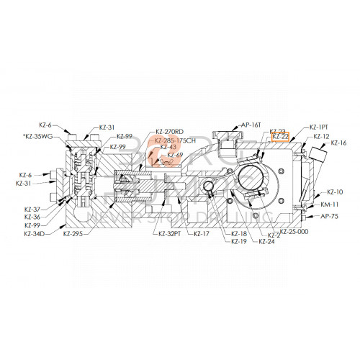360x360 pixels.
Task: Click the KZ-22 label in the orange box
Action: (x=280, y=136)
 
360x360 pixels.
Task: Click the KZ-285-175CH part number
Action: (x=175, y=140)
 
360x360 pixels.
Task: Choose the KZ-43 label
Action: (x=168, y=147)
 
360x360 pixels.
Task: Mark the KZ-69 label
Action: (x=175, y=155)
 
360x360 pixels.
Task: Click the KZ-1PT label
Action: (x=320, y=127)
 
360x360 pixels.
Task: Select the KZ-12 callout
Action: (x=322, y=136)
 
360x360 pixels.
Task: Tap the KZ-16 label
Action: (x=339, y=143)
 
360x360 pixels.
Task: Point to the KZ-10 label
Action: (x=336, y=192)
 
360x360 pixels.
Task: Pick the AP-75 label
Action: (x=330, y=216)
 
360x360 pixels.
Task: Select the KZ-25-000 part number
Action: (x=294, y=232)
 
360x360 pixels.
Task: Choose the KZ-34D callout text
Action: (x=35, y=234)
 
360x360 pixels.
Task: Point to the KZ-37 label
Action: (x=32, y=209)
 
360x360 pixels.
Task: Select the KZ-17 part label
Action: (x=201, y=234)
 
